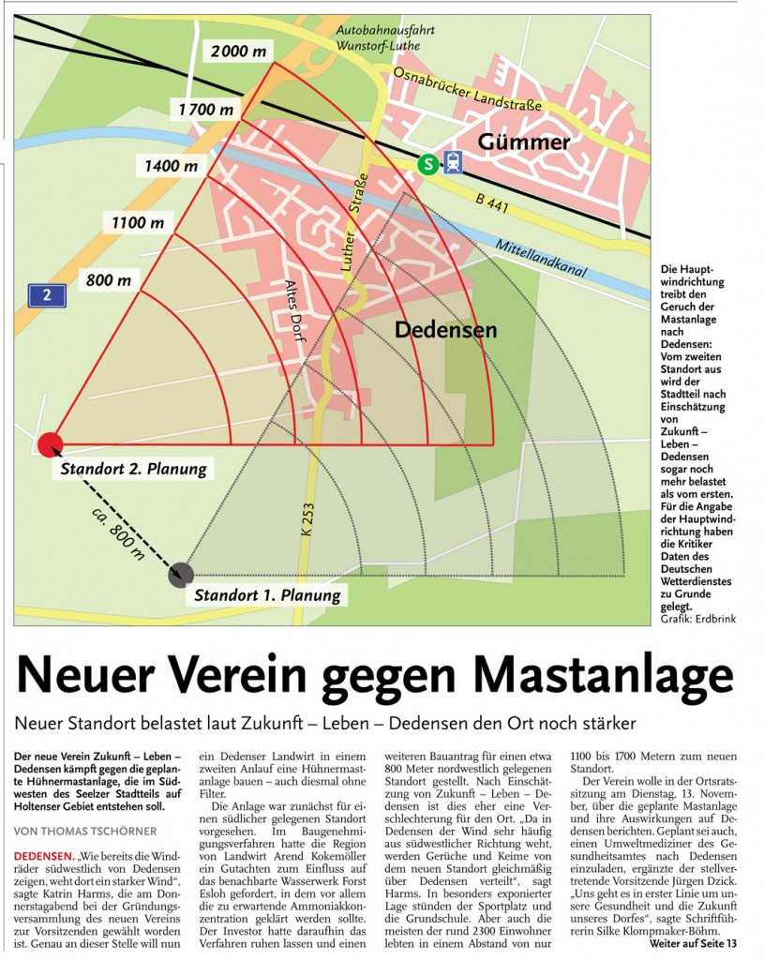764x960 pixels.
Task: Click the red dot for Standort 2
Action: pos(50,444)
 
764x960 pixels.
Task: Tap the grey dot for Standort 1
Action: pos(181,574)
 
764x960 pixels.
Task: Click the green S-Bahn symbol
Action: pos(428,164)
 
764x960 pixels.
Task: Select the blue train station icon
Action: pos(454,163)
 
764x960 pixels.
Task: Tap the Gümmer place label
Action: pos(524,142)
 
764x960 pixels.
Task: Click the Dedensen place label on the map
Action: pos(445,330)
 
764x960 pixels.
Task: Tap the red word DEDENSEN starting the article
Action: pos(43,856)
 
